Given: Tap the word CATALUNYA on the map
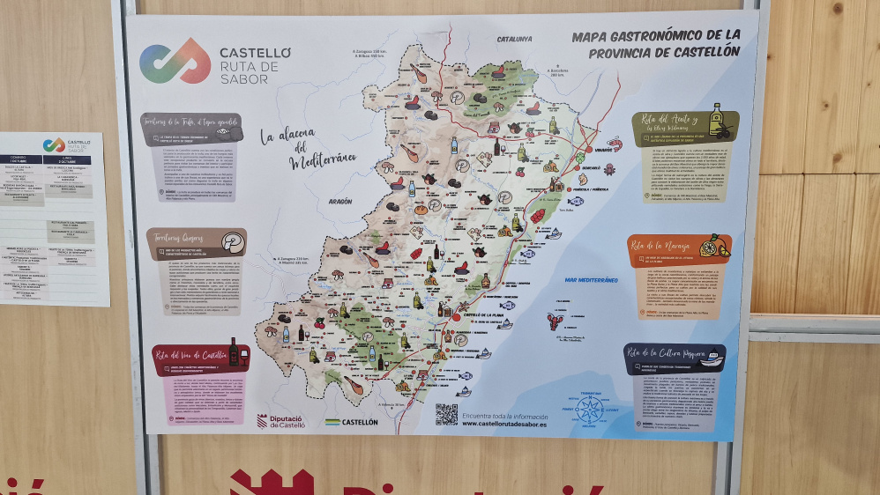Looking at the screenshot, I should coord(515,40).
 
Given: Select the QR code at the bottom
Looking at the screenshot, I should coord(446,414).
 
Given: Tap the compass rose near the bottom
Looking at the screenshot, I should coord(590,410).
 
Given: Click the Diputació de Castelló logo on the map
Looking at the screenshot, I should coord(280,421).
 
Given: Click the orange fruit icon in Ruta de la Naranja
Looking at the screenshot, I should coord(713,247).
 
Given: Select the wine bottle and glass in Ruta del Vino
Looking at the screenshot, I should coord(237,352).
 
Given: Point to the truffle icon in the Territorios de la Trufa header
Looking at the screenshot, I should coord(227,131).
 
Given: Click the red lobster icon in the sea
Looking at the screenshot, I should coord(554,321).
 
